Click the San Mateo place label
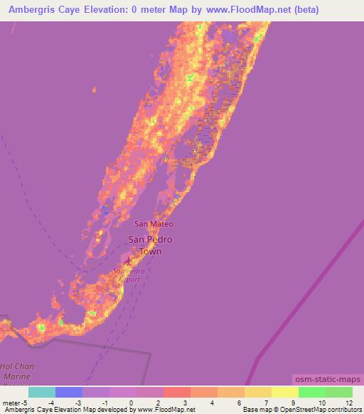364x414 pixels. pos(154,224)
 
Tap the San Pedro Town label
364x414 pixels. pos(149,245)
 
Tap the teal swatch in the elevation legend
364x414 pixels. pos(42,392)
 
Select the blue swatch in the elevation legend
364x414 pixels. pos(69,392)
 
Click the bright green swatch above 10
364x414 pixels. pos(311,392)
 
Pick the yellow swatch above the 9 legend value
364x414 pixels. pos(284,392)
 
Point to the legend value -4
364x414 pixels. pos(50,402)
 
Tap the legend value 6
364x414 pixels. pos(240,402)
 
